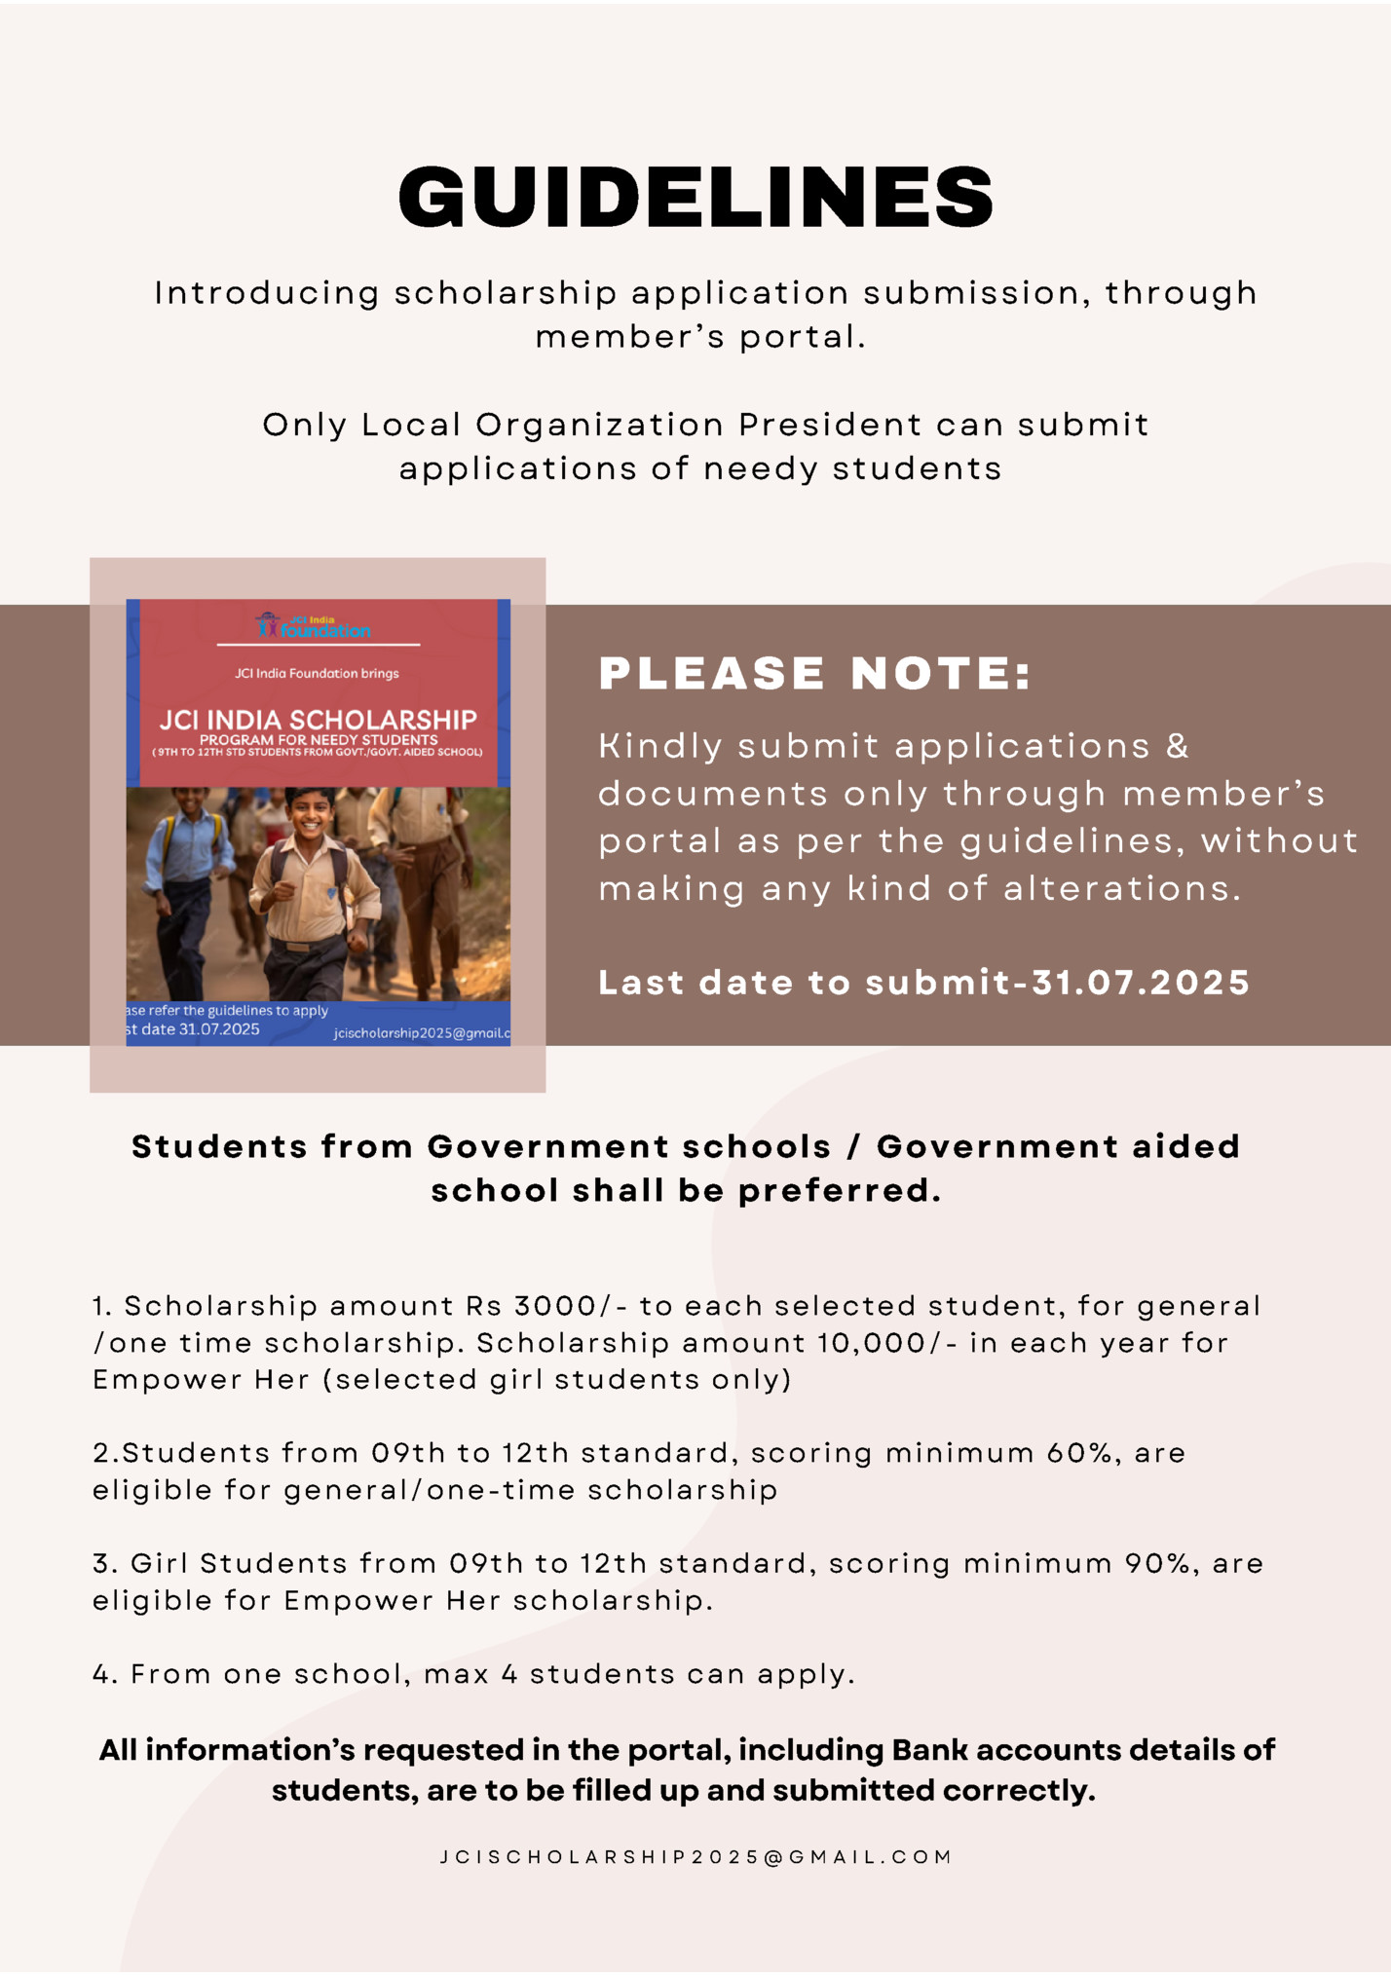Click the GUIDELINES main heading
click(x=695, y=196)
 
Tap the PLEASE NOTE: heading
click(x=814, y=673)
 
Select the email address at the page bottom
click(x=695, y=1857)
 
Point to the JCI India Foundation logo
click(x=314, y=626)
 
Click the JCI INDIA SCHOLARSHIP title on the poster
click(x=318, y=720)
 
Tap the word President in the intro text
click(x=829, y=425)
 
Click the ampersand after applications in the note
click(x=1178, y=746)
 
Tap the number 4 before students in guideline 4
click(x=509, y=1674)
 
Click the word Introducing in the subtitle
click(x=267, y=293)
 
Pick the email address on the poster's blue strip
click(x=422, y=1032)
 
